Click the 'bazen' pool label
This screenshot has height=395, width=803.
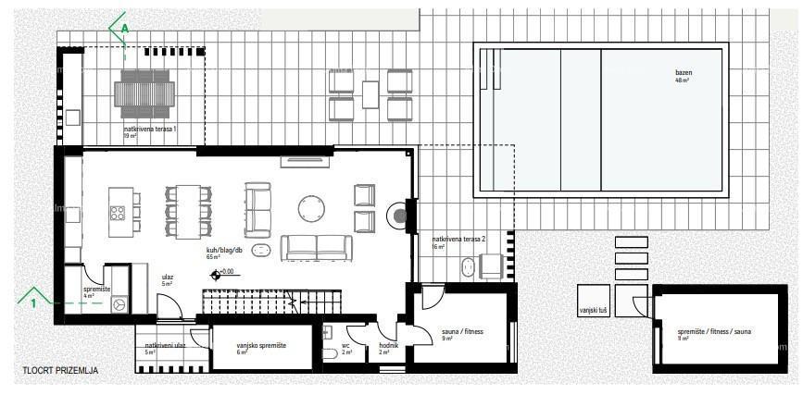point(684,72)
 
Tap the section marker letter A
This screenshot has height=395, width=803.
point(124,29)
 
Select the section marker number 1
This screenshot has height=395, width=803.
point(33,302)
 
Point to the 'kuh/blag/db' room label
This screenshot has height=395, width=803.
point(224,250)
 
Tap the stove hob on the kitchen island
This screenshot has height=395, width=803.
point(119,213)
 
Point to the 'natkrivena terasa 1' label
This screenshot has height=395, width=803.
point(149,129)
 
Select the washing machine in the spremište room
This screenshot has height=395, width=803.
point(118,303)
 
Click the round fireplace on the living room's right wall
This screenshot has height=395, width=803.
point(399,216)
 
